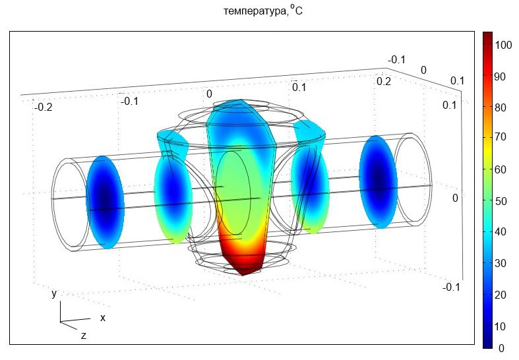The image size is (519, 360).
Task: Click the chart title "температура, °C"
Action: [263, 11]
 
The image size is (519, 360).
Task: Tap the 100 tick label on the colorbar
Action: [503, 45]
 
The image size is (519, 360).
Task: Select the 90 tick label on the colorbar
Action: [500, 76]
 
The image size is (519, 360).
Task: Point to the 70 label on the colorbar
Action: [500, 136]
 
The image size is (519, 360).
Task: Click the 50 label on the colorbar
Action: [500, 201]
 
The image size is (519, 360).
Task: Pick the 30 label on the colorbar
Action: [500, 263]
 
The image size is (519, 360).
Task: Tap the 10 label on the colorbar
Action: [500, 326]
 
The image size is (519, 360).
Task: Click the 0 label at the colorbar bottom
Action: [501, 348]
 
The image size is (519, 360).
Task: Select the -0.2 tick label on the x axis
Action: [43, 107]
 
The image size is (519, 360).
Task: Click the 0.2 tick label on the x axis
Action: [384, 81]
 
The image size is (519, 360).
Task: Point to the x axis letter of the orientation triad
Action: [103, 318]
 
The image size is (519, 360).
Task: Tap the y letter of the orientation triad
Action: [54, 293]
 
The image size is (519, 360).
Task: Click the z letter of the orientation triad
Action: [83, 336]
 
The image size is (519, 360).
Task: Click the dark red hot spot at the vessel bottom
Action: [243, 261]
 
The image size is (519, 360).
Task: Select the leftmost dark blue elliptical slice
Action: [106, 202]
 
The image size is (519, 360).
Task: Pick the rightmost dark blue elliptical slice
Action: [379, 182]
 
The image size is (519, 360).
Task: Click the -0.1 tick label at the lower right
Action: [452, 287]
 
